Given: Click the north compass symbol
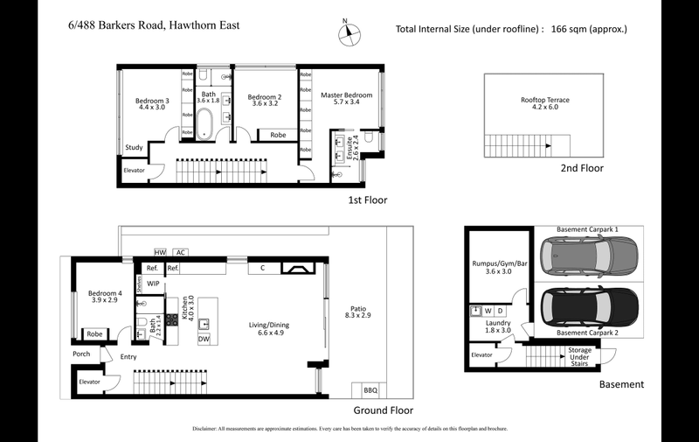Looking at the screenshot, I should point(349,33).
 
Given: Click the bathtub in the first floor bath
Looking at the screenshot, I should point(206,123).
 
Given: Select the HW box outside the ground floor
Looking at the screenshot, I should point(160,251).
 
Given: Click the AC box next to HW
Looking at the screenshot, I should point(180,251).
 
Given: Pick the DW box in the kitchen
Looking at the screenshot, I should point(203,338).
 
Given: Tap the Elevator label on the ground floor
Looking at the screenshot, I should point(90,382).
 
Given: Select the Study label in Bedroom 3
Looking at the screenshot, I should point(134,147).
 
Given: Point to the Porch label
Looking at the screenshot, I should point(81,354).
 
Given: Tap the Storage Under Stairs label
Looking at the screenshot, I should point(580,355).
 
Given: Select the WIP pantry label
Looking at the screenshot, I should point(153,284).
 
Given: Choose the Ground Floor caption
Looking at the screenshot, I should point(383,410).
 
